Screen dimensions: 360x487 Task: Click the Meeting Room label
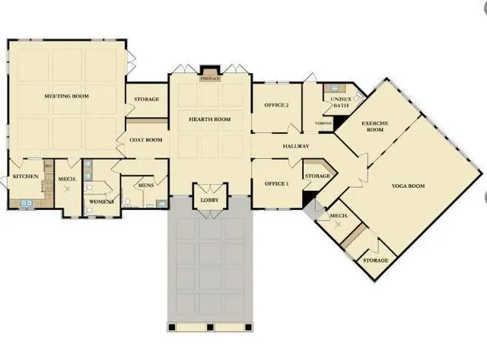pyautogui.click(x=67, y=97)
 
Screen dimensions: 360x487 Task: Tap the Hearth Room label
pyautogui.click(x=210, y=119)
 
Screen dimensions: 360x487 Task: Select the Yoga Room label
pyautogui.click(x=408, y=186)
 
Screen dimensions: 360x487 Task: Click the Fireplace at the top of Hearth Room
pyautogui.click(x=209, y=74)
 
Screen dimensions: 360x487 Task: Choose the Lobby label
pyautogui.click(x=209, y=200)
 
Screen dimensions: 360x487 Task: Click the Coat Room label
pyautogui.click(x=146, y=140)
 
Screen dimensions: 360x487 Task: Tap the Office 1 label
pyautogui.click(x=277, y=183)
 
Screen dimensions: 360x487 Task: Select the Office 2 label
pyautogui.click(x=277, y=105)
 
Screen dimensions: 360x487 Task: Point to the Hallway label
pyautogui.click(x=296, y=145)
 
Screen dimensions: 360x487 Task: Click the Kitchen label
pyautogui.click(x=25, y=177)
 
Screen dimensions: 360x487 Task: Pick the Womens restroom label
pyautogui.click(x=101, y=202)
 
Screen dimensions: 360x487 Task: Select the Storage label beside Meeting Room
pyautogui.click(x=147, y=100)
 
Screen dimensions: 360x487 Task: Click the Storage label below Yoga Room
pyautogui.click(x=374, y=260)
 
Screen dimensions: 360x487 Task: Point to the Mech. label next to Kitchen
pyautogui.click(x=66, y=180)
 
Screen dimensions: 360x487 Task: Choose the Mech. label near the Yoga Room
pyautogui.click(x=339, y=217)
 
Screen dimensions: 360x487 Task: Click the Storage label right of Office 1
pyautogui.click(x=318, y=177)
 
